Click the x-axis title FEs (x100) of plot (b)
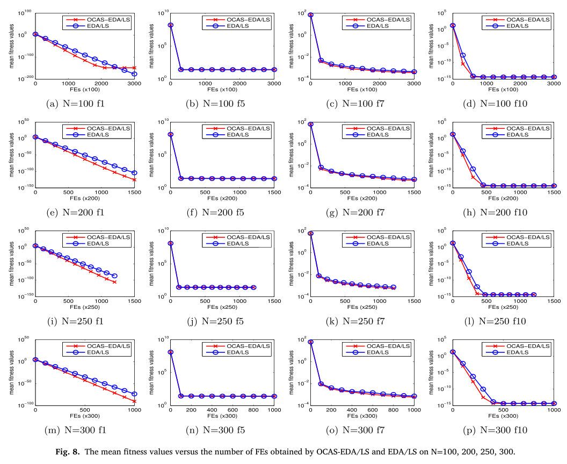(x=222, y=90)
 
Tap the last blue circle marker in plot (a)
(x=134, y=74)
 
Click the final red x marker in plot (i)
(x=114, y=281)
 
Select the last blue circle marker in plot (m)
(x=134, y=394)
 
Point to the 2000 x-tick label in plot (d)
(x=520, y=84)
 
